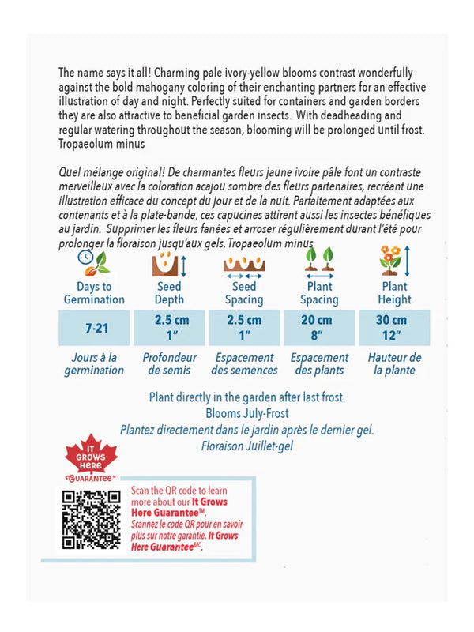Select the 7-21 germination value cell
click(x=93, y=327)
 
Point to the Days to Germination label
click(x=94, y=293)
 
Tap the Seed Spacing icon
click(x=244, y=261)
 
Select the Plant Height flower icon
click(x=392, y=261)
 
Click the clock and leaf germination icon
click(x=94, y=261)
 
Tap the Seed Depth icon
click(x=167, y=261)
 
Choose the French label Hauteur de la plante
click(x=393, y=364)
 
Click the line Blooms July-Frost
click(x=247, y=413)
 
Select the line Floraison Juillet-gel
click(x=247, y=446)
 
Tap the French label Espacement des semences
click(x=244, y=364)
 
